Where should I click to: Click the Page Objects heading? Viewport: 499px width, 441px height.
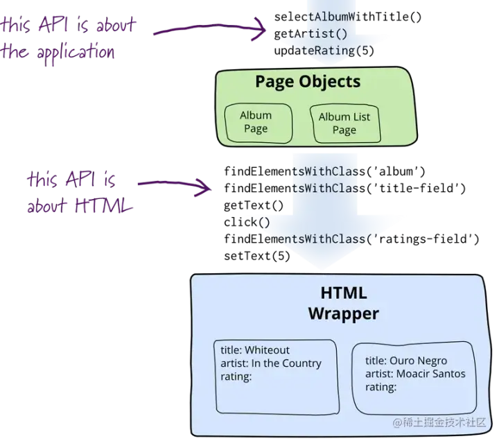tap(308, 82)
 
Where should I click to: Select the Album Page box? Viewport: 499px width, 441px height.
tap(256, 122)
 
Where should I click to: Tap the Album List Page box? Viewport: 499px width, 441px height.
tap(344, 123)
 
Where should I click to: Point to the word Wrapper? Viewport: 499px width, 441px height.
tap(344, 313)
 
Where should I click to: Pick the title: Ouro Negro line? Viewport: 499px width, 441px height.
tap(406, 361)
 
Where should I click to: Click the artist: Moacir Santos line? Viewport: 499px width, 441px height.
tap(415, 374)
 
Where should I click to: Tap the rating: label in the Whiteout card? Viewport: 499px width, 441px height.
tap(236, 377)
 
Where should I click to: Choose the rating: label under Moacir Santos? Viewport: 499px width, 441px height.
tap(381, 387)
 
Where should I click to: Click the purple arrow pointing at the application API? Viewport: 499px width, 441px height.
tap(208, 28)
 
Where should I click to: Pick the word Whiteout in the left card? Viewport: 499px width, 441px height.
tap(267, 350)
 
